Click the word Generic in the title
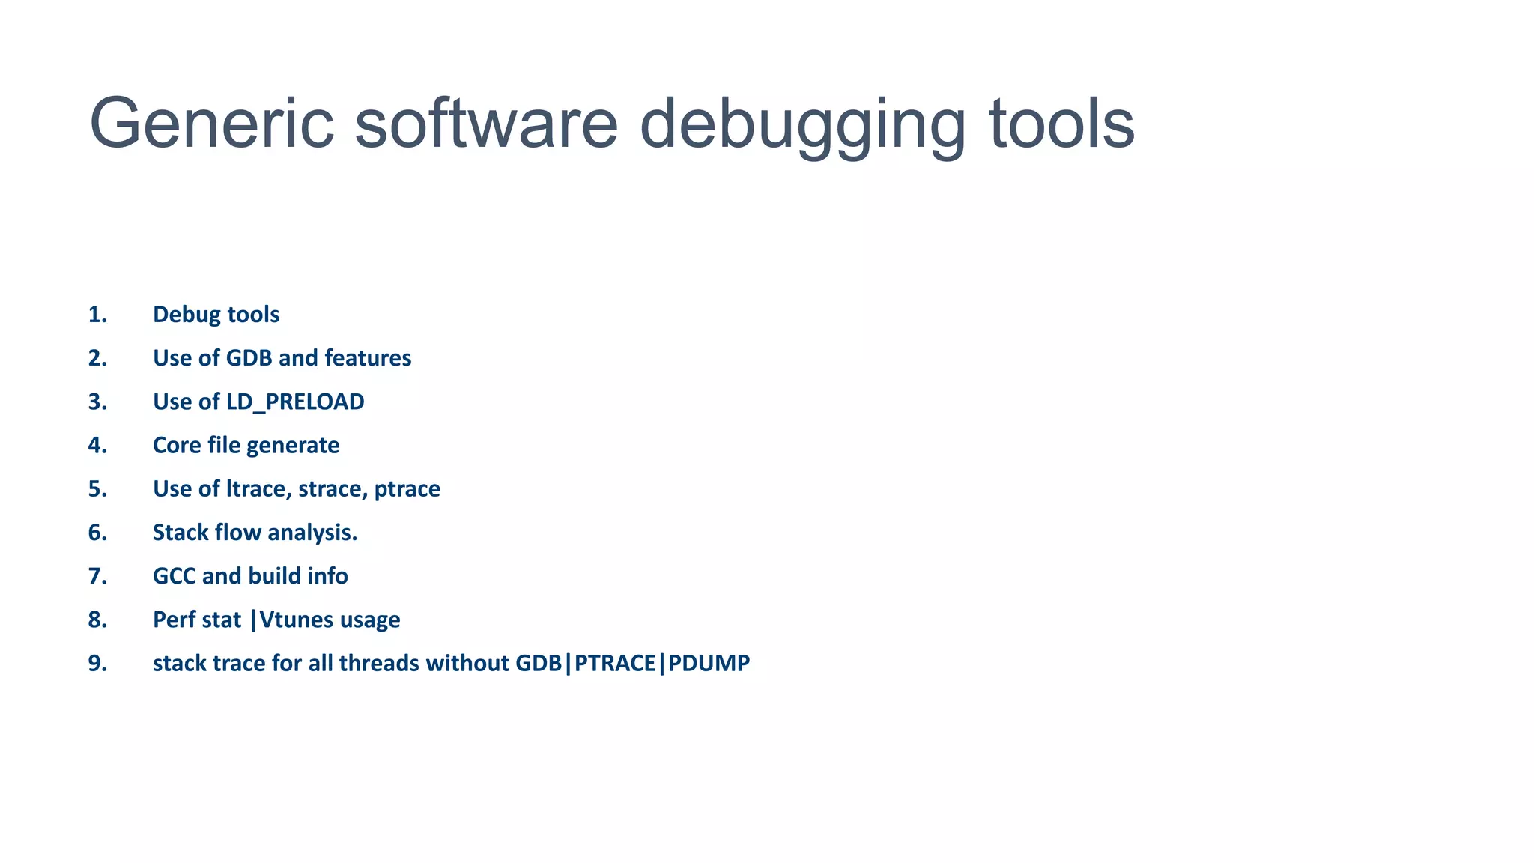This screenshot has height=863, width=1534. click(x=211, y=124)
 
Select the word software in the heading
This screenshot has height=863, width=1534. click(x=485, y=124)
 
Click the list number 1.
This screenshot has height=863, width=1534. click(x=97, y=315)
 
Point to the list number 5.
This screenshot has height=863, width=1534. click(x=97, y=489)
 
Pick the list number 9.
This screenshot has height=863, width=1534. click(x=97, y=664)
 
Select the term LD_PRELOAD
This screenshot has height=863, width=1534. click(x=295, y=402)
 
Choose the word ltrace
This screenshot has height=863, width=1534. click(x=258, y=489)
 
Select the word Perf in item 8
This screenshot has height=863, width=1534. click(x=174, y=620)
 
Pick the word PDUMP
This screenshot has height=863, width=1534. click(x=709, y=664)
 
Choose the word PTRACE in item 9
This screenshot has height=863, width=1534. click(x=615, y=664)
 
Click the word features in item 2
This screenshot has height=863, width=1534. click(x=368, y=358)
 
